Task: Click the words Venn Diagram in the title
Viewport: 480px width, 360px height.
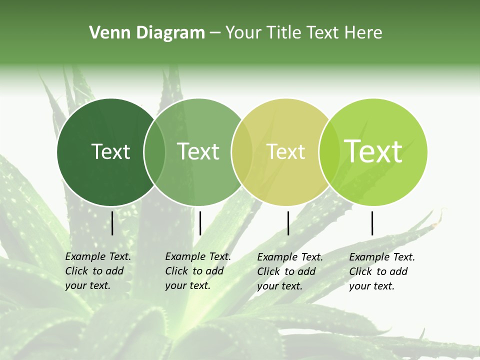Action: [147, 33]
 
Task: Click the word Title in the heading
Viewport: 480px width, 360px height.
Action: [283, 33]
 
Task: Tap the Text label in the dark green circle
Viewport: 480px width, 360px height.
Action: [110, 151]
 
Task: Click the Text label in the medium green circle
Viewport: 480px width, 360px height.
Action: [198, 151]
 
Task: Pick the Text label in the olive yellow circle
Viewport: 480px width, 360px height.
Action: [286, 151]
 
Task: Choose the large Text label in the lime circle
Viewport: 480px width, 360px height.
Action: [373, 151]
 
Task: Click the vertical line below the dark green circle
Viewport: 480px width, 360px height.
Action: [112, 223]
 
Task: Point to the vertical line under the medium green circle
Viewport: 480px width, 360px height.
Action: [200, 223]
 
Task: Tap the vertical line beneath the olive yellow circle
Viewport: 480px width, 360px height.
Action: [288, 223]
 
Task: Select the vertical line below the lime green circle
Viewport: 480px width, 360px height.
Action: [372, 223]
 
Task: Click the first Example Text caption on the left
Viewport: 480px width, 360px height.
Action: [97, 271]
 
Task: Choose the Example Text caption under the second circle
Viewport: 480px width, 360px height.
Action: [197, 271]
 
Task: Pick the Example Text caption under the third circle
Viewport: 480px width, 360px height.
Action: [289, 271]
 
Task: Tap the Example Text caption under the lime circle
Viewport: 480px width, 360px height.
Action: [381, 271]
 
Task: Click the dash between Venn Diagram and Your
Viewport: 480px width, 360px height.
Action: [215, 33]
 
